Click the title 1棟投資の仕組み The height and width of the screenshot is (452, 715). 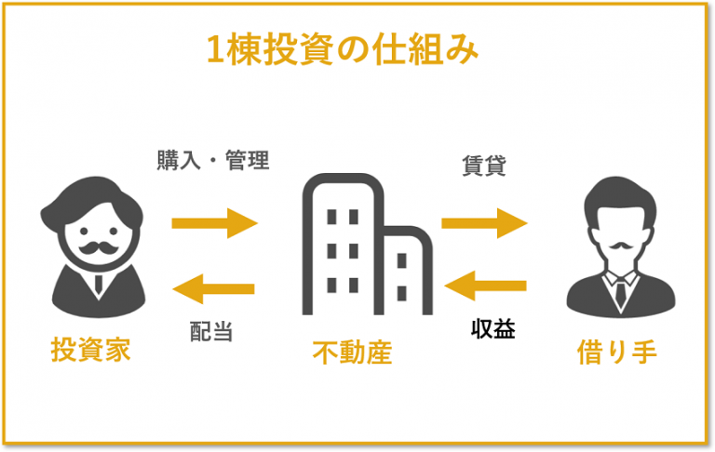343,49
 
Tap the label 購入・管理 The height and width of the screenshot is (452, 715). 213,160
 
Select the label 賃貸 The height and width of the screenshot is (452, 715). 484,166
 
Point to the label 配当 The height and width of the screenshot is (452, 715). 211,331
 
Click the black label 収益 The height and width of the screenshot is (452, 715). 492,328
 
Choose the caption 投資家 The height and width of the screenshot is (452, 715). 90,350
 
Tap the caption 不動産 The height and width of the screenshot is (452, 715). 352,352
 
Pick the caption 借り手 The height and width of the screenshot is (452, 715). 617,352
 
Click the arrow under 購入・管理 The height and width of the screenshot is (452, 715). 215,223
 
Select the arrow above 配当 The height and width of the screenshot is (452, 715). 213,288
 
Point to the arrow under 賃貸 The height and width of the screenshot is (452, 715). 485,223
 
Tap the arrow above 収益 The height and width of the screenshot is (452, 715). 485,286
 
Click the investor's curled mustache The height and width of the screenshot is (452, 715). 99,248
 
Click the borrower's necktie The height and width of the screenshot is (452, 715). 621,292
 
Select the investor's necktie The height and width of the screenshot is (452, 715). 99,284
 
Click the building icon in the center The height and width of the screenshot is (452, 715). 367,244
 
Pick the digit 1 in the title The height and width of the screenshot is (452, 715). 215,50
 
